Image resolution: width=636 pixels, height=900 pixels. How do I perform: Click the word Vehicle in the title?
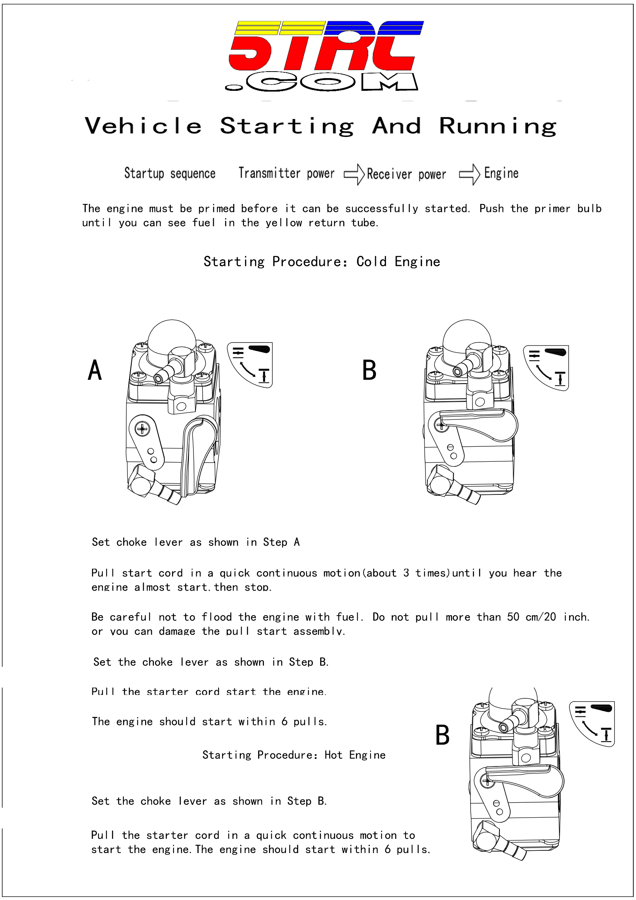pyautogui.click(x=143, y=126)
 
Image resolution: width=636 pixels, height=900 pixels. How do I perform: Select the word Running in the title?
pyautogui.click(x=497, y=126)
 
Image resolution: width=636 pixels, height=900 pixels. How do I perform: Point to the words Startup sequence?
pyautogui.click(x=170, y=173)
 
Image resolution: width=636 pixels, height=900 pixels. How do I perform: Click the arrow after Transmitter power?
pyautogui.click(x=354, y=174)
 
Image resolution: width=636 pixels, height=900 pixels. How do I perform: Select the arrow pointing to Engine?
pyautogui.click(x=469, y=174)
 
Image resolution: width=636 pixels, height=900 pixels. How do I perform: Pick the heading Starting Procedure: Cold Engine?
pyautogui.click(x=322, y=261)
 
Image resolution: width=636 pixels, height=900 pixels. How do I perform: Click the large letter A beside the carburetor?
pyautogui.click(x=95, y=371)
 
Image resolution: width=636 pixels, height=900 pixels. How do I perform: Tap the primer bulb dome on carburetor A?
pyautogui.click(x=172, y=336)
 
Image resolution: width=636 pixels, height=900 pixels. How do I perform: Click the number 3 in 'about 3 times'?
pyautogui.click(x=406, y=573)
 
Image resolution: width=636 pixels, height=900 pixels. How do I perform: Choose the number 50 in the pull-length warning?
pyautogui.click(x=513, y=617)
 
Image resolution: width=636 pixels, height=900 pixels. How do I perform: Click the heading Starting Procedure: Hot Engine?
pyautogui.click(x=294, y=755)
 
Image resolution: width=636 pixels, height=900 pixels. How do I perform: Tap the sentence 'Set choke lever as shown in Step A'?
pyautogui.click(x=195, y=542)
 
